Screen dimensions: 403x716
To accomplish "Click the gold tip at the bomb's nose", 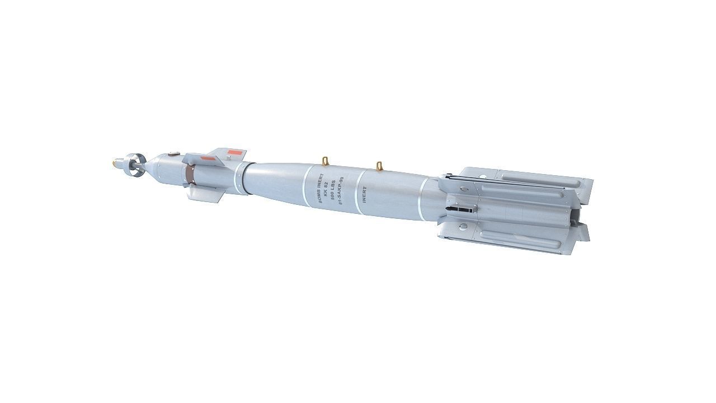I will click(115, 163).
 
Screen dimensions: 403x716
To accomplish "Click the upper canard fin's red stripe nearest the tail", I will click(237, 152).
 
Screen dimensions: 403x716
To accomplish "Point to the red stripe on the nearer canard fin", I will click(208, 160).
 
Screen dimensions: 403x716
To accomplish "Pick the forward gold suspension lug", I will click(325, 161).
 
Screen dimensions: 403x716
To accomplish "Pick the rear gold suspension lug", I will click(380, 166).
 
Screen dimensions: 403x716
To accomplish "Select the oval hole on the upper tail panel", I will click(463, 190).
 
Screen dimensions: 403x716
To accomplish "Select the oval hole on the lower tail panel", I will click(464, 227).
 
